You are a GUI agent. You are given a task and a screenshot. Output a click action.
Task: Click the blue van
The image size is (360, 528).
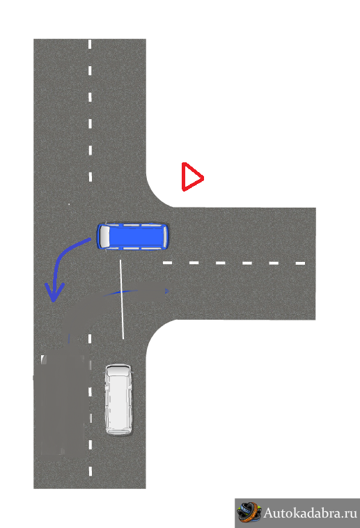[x=132, y=236]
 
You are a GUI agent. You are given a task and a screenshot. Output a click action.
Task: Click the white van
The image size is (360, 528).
[x=118, y=399]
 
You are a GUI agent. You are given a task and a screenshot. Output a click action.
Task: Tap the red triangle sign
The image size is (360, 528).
[x=191, y=177]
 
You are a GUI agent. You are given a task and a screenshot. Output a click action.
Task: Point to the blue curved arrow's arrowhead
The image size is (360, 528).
[x=54, y=292]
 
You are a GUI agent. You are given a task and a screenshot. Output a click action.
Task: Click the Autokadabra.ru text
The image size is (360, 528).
[x=310, y=513]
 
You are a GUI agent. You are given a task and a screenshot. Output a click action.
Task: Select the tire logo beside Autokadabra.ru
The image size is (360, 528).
[x=249, y=513]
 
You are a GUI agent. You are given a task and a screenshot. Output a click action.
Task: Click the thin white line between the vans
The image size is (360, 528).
[x=122, y=300]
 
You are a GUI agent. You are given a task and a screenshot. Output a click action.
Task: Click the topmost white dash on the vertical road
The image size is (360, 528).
[x=90, y=44]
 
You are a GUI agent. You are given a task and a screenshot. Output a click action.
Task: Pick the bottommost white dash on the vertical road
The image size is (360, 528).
[x=91, y=471]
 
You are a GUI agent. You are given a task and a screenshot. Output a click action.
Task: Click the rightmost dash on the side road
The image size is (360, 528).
[x=300, y=263]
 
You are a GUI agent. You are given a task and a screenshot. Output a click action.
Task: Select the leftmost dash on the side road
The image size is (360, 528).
[x=168, y=263]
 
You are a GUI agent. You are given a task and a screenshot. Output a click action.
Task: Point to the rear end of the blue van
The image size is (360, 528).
[x=165, y=236]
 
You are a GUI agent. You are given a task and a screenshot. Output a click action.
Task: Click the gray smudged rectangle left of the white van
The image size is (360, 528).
[x=62, y=405]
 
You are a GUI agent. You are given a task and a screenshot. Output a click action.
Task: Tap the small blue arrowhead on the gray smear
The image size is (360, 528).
[x=166, y=291]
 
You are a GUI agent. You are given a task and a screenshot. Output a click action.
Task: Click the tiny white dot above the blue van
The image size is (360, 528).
[x=69, y=204]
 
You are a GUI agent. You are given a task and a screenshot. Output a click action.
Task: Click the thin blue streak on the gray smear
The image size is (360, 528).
[x=120, y=293]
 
